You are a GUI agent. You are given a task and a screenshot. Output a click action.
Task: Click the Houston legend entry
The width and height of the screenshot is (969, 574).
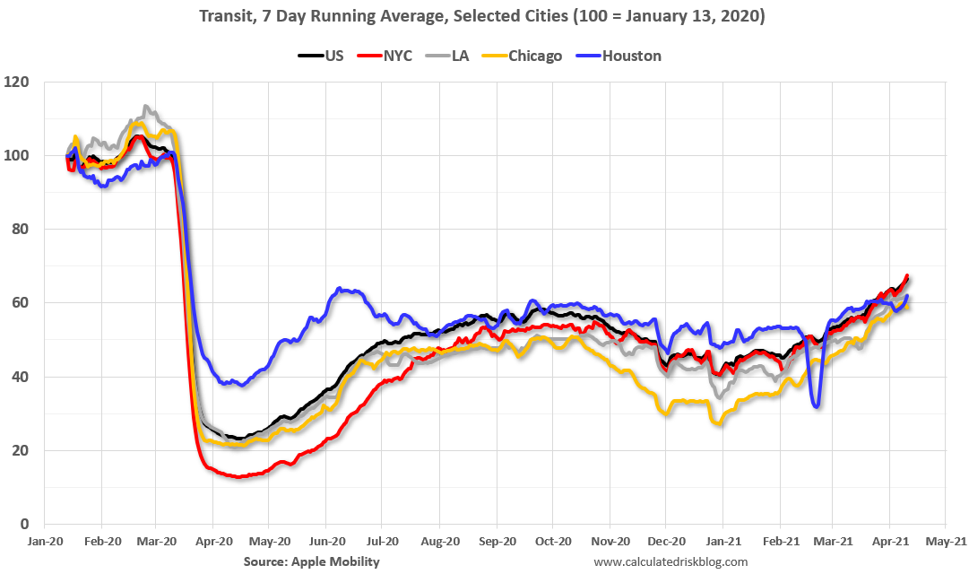(619, 56)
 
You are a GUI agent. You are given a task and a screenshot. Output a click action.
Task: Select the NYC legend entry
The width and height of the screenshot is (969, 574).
(385, 56)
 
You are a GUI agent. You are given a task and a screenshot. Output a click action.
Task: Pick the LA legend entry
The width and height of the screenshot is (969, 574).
(447, 56)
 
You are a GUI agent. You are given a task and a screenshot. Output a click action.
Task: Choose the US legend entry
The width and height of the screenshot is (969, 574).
(321, 56)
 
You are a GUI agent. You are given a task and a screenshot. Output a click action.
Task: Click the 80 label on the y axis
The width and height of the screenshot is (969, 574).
(20, 230)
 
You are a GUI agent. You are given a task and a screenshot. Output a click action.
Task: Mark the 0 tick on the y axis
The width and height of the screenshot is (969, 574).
(24, 524)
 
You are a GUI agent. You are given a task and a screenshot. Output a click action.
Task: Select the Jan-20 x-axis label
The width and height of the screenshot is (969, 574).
(45, 541)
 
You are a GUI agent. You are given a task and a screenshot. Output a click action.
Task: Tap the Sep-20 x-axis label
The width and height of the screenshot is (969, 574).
(497, 541)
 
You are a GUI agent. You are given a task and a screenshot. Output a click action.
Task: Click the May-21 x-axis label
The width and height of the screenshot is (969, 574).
(945, 541)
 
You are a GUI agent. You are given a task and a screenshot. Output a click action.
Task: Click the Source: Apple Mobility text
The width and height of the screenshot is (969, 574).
(311, 561)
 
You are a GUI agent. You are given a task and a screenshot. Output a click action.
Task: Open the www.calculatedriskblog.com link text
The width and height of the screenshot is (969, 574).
(671, 561)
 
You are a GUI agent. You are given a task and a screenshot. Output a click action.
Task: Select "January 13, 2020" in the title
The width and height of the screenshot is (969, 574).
(692, 15)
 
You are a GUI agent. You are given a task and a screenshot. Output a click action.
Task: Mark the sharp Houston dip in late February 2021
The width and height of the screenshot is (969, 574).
(818, 405)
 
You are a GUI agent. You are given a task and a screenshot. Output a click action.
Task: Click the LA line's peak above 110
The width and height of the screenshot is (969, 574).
(145, 107)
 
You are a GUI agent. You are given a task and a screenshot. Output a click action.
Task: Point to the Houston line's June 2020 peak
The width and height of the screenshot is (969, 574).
(339, 288)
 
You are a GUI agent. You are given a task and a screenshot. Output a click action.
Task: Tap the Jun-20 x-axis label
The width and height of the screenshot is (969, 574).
(327, 541)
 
